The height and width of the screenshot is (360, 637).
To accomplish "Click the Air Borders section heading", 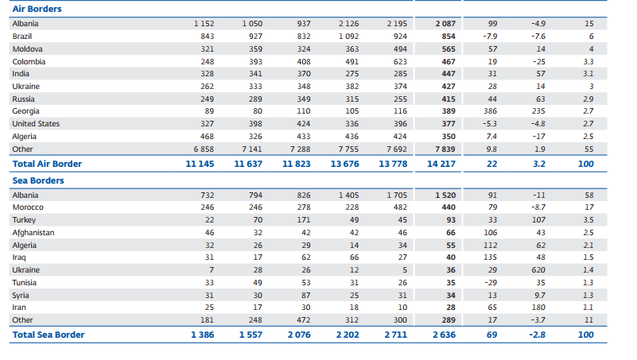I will click(37, 9).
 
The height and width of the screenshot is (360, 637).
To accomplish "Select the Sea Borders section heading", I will click(38, 180).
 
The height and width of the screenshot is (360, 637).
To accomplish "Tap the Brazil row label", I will click(21, 37).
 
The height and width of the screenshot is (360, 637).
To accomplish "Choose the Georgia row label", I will click(25, 111).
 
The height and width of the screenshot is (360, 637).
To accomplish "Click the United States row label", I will click(35, 124).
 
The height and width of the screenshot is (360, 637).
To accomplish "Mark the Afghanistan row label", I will click(33, 232).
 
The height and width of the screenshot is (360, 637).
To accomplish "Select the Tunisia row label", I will click(25, 282).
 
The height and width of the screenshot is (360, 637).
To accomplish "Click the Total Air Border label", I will click(47, 164).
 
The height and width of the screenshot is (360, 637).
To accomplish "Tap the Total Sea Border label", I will click(48, 335).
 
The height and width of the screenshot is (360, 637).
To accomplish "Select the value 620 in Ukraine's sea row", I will click(540, 269).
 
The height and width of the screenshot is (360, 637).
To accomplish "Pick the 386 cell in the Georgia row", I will click(491, 111).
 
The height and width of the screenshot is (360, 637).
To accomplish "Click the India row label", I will click(21, 74).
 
